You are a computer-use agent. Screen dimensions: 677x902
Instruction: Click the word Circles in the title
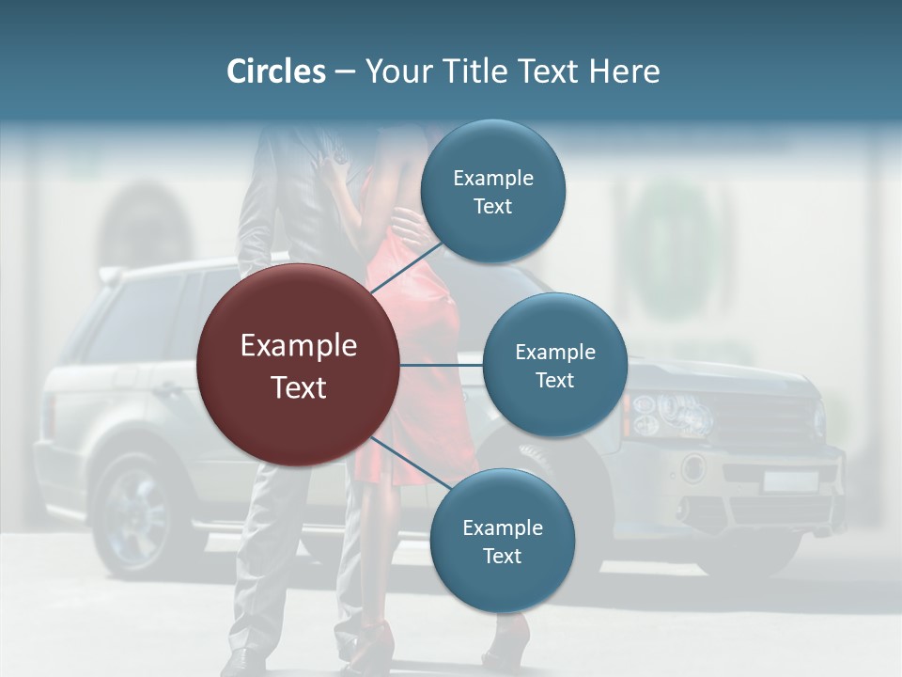point(275,71)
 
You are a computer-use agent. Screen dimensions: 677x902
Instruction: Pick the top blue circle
point(492,191)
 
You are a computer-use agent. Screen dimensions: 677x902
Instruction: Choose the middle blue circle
point(554,365)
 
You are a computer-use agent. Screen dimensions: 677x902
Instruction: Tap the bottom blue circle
point(502,541)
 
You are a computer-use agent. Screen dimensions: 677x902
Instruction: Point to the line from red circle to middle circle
point(442,365)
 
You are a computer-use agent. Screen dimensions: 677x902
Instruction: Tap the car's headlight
point(669,411)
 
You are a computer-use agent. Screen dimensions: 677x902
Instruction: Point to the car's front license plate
point(789,481)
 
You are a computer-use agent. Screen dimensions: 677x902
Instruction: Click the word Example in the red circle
point(299,346)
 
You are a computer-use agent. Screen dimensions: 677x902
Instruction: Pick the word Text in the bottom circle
point(502,556)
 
